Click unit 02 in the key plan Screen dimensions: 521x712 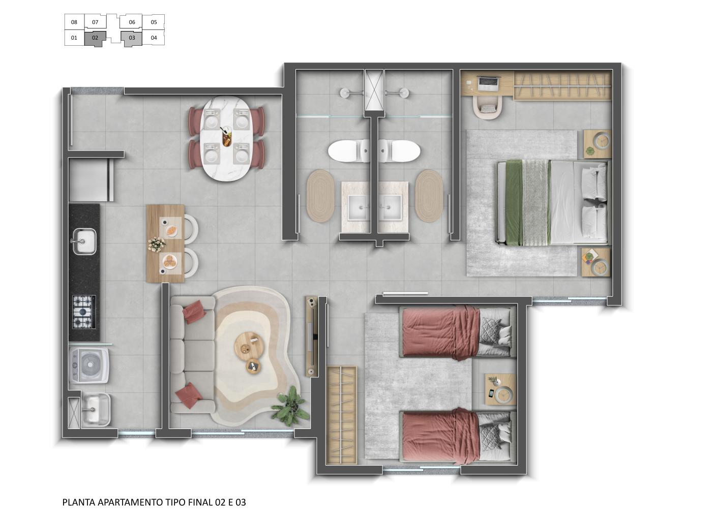pyautogui.click(x=95, y=38)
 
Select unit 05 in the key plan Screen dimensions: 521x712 pyautogui.click(x=154, y=22)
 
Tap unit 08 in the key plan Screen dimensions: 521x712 pyautogui.click(x=74, y=22)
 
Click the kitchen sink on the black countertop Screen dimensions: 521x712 pyautogui.click(x=84, y=241)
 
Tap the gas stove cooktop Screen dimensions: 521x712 pyautogui.click(x=83, y=311)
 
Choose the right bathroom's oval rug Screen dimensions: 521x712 pyautogui.click(x=429, y=196)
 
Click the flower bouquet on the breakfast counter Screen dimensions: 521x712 pyautogui.click(x=156, y=244)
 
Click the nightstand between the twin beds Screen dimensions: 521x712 pyautogui.click(x=500, y=389)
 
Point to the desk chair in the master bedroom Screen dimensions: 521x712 pyautogui.click(x=489, y=108)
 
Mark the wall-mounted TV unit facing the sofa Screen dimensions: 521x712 pyautogui.click(x=311, y=335)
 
